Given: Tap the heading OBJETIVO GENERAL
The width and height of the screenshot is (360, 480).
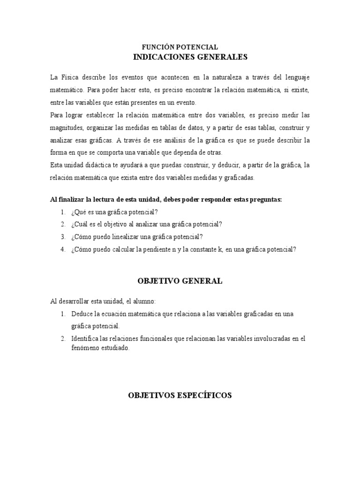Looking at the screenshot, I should click(x=180, y=281).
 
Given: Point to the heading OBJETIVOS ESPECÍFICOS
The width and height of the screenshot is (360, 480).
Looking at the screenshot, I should click(x=180, y=396).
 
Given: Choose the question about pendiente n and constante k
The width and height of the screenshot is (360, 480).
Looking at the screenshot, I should click(x=184, y=249).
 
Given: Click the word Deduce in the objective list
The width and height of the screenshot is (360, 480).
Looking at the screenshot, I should click(x=81, y=314).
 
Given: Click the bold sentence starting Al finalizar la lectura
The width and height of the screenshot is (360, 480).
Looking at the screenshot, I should click(x=166, y=199).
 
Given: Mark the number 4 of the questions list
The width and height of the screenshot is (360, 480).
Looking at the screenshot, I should click(x=62, y=249).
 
